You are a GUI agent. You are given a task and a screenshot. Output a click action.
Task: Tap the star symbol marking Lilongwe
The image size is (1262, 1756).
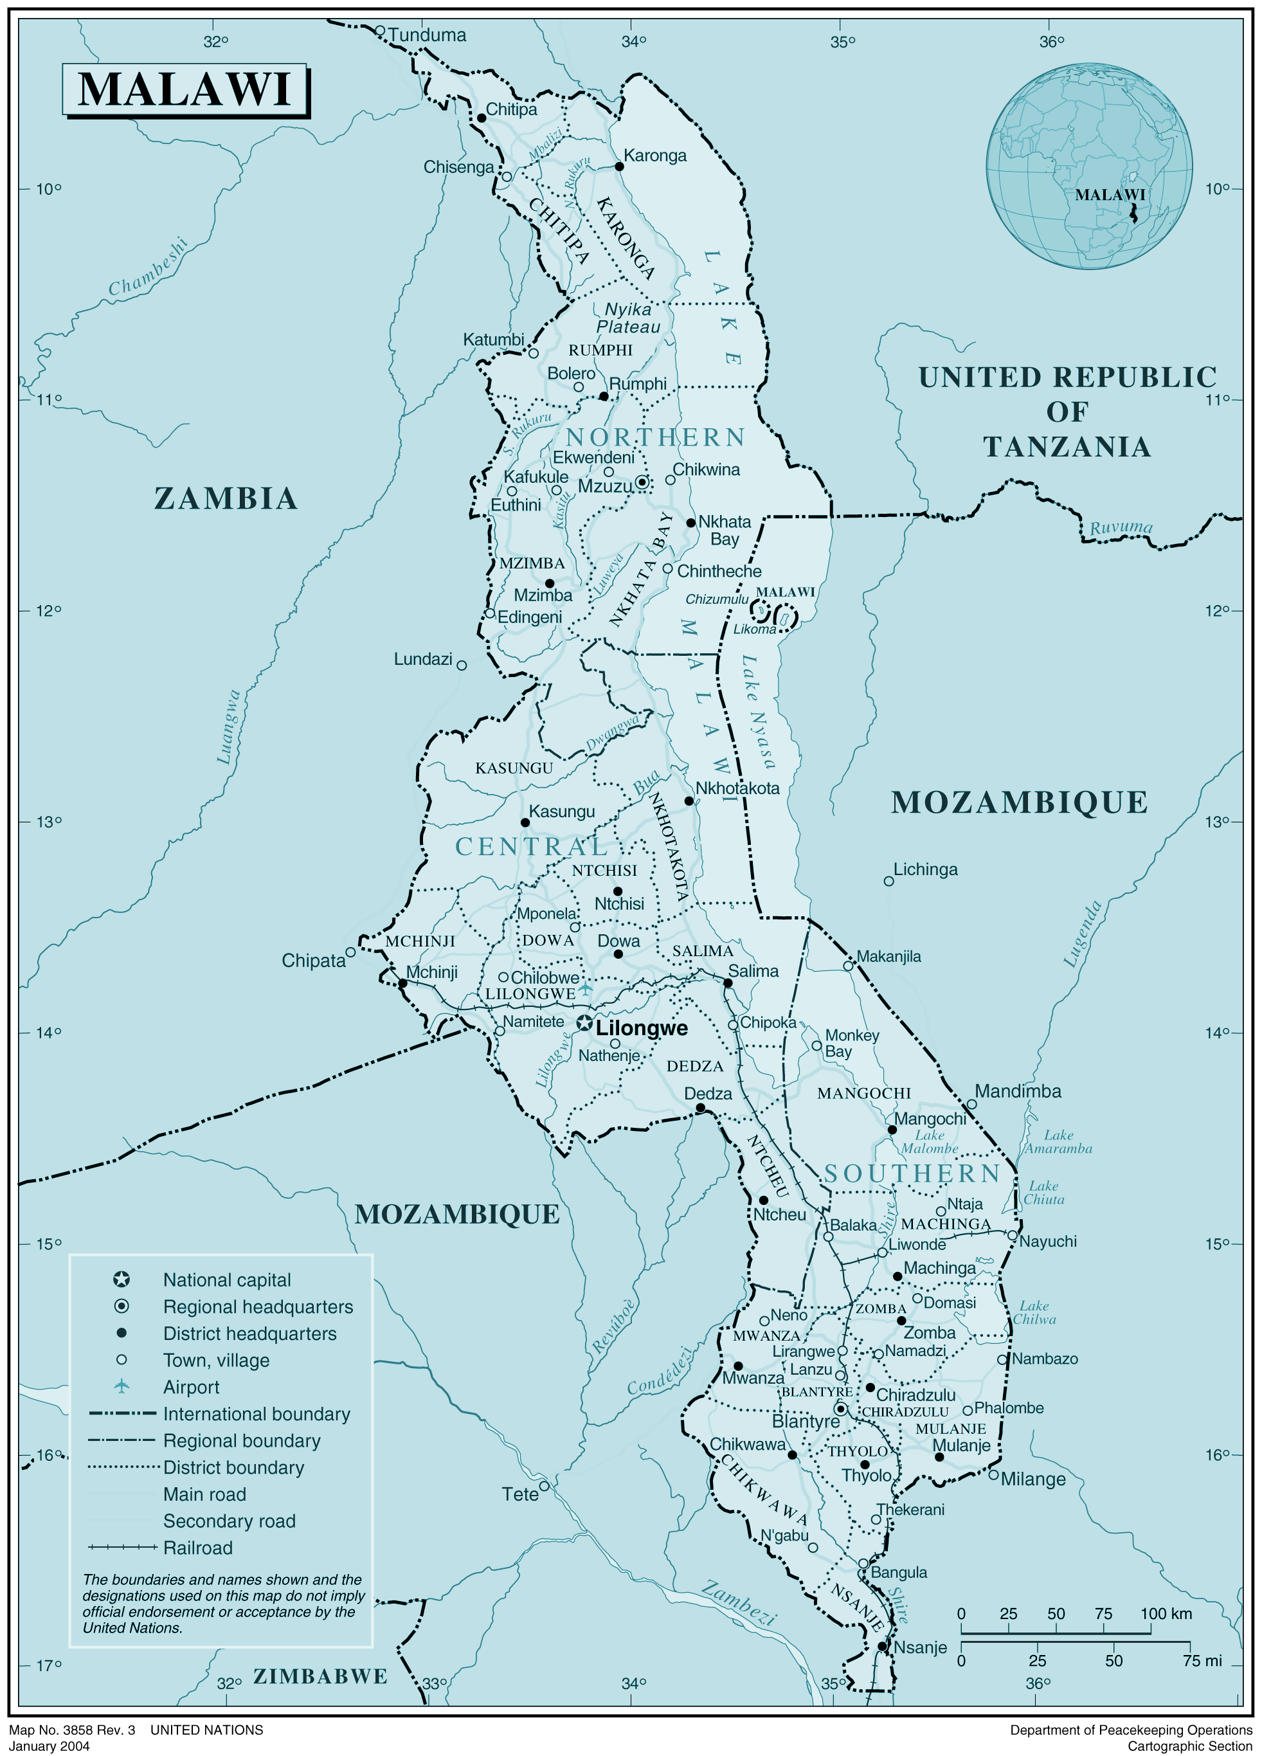point(584,1024)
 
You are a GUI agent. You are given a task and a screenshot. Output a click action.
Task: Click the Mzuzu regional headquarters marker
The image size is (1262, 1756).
point(642,482)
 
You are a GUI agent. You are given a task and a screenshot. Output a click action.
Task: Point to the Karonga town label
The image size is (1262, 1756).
point(655,156)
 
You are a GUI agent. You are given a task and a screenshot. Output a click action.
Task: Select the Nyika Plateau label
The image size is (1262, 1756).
point(628,318)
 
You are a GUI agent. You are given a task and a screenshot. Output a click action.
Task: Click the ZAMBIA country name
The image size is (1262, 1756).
point(226,498)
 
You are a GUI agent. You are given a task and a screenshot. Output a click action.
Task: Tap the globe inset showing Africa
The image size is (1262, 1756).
point(1088,167)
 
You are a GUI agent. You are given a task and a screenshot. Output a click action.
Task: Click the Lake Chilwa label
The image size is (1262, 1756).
point(1034,1312)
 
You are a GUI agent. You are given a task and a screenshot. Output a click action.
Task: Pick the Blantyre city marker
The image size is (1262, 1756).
point(841,1408)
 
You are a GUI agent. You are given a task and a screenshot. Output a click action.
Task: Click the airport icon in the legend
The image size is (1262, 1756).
point(122,1386)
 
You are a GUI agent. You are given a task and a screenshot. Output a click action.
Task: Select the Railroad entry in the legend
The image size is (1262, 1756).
point(197,1548)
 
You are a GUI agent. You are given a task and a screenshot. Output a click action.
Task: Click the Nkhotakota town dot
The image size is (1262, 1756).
point(689,801)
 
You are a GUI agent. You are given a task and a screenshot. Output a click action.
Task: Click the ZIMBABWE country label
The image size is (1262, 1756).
point(321,1676)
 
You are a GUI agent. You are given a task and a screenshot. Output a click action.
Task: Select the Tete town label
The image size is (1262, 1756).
point(519,1494)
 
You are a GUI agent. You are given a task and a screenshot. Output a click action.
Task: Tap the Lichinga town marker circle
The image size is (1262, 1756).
point(889,881)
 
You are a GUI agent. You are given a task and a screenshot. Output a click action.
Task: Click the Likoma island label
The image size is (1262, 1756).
point(754,629)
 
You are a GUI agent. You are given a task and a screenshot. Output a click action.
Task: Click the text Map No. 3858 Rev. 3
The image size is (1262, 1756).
point(72,1730)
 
